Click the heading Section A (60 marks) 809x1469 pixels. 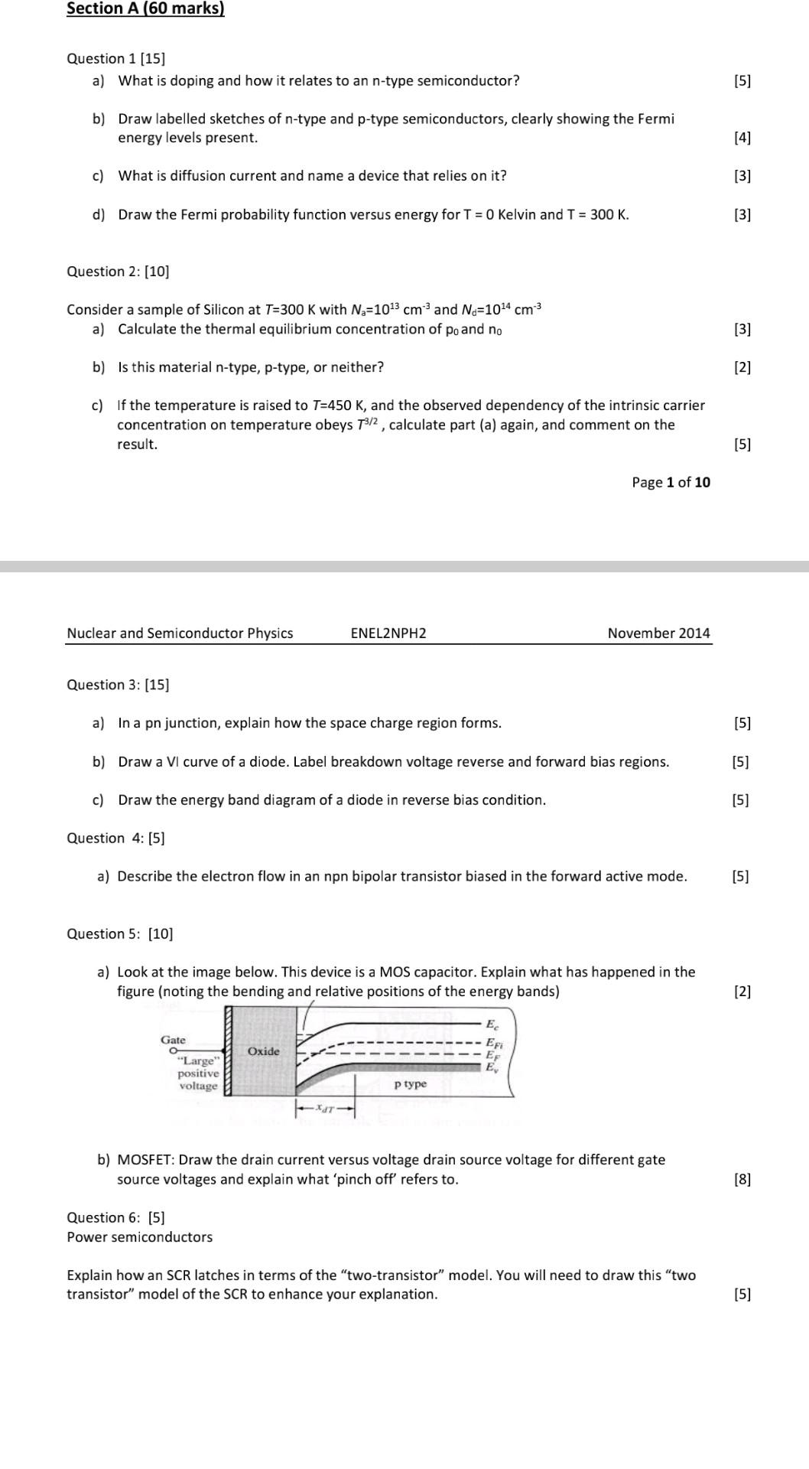pos(145,9)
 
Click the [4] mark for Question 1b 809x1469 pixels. pos(742,138)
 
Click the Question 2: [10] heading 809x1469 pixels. pos(118,272)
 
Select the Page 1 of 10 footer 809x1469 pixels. pos(671,482)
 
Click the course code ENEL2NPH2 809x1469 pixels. pos(388,633)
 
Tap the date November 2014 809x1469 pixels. pos(658,633)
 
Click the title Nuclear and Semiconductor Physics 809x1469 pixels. pos(180,633)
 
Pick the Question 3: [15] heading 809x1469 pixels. pos(118,685)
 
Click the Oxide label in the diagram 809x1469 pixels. pos(263,1051)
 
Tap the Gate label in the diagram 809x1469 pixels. pos(173,1039)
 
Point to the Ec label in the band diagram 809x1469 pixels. pos(492,1024)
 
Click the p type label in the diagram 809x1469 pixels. pos(411,1084)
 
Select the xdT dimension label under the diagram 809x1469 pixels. pos(326,1108)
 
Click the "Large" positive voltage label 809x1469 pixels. pos(198,1073)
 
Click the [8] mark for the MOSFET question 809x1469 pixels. pos(742,1179)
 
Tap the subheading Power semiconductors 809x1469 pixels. pos(140,1236)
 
